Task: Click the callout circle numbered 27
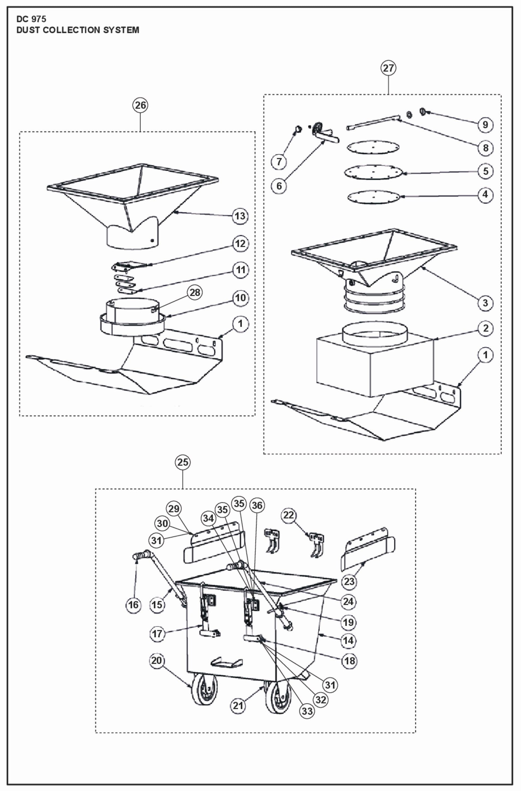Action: click(x=388, y=68)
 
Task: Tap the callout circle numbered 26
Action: click(x=140, y=105)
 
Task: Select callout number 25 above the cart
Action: click(x=183, y=462)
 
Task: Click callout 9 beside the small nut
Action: click(x=485, y=125)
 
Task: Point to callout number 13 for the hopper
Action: click(x=240, y=216)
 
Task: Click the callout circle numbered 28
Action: click(x=195, y=292)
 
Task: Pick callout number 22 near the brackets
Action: click(x=289, y=515)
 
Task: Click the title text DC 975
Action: click(x=31, y=19)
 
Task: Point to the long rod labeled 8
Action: click(x=372, y=122)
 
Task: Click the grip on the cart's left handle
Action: click(x=141, y=555)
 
